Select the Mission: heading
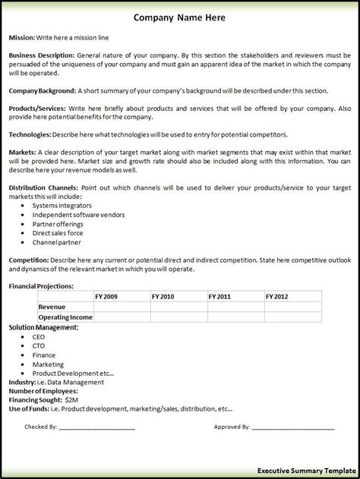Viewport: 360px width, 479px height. (23, 37)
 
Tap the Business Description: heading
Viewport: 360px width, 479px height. (41, 55)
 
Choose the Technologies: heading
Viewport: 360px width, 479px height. (30, 134)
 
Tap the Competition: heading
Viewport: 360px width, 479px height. (29, 260)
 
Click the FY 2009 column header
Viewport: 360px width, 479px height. (107, 296)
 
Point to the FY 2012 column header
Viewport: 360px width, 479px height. (278, 296)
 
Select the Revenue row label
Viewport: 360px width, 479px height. (52, 307)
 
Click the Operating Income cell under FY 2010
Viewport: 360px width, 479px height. (178, 317)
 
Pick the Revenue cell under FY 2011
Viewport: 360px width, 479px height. (235, 307)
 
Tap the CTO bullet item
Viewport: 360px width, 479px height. (38, 345)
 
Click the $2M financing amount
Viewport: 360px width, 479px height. (72, 399)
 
